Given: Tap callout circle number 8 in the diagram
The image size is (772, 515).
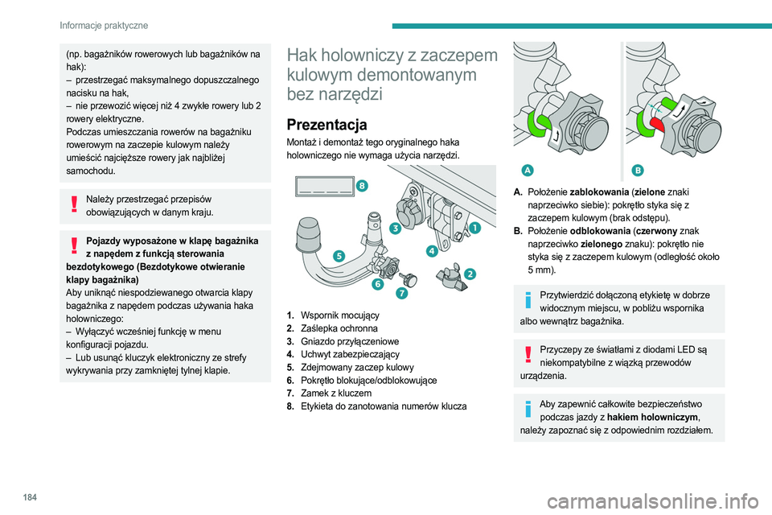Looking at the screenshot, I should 363,186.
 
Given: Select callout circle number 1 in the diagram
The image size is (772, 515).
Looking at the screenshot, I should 475,228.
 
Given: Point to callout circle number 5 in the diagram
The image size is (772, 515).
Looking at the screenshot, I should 339,255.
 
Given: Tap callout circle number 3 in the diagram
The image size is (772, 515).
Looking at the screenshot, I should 396,229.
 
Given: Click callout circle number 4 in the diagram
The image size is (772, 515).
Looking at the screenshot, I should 432,250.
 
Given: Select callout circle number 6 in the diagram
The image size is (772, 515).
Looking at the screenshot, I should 376,284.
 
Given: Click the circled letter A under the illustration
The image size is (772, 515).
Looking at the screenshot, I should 526,170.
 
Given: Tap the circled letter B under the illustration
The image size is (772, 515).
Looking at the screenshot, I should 638,170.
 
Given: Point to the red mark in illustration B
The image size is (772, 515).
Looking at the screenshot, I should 656,122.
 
